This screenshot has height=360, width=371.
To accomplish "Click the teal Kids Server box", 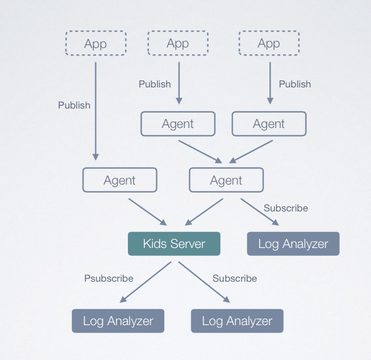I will tap(174, 243).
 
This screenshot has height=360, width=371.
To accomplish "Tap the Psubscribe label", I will tap(108, 278).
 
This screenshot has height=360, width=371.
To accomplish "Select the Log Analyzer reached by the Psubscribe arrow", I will tap(118, 321).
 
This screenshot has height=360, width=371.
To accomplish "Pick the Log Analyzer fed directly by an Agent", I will tap(293, 243).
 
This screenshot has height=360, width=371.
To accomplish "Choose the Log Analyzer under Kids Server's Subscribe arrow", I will tap(237, 321).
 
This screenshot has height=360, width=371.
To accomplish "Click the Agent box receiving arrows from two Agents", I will tap(226, 180).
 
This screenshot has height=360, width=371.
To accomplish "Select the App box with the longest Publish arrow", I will tap(95, 43).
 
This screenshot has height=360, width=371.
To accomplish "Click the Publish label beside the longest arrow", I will tap(74, 105).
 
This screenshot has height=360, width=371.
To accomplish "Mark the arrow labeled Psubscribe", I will tap(145, 282).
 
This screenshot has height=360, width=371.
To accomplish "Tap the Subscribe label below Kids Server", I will tap(235, 278).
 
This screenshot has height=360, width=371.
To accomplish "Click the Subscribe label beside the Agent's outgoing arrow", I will tap(286, 208).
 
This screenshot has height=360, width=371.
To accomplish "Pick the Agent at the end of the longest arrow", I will tap(120, 180).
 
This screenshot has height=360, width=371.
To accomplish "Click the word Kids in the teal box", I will tap(154, 243).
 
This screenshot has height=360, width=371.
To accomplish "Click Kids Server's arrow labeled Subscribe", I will tap(204, 282).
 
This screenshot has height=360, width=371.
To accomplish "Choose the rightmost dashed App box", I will tap(269, 43).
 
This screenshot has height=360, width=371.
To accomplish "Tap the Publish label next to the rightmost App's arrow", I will tap(295, 84).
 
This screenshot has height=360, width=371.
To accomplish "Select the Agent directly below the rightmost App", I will tap(269, 123).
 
